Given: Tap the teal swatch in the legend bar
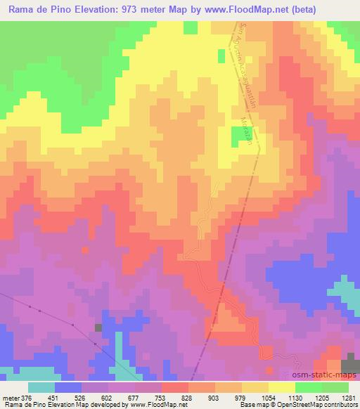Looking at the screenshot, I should click(x=41, y=387).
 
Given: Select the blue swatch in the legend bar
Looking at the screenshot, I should click(x=68, y=387).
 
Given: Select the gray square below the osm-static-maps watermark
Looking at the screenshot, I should click(x=349, y=366).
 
